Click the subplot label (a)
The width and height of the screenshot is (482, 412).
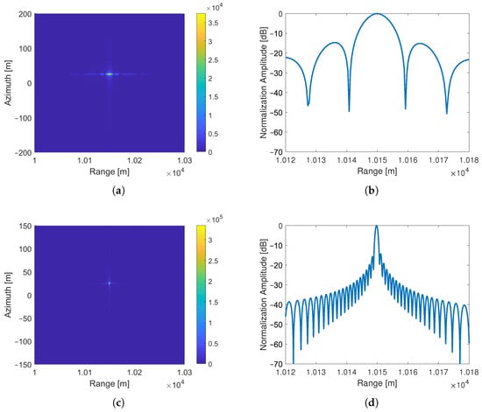tap(119, 191)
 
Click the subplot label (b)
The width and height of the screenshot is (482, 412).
tap(372, 191)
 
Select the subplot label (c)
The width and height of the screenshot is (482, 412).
tap(119, 402)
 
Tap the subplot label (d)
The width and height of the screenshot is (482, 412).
tap(372, 402)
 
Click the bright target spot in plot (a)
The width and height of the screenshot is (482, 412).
tap(110, 74)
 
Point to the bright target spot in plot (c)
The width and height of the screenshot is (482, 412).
tap(110, 283)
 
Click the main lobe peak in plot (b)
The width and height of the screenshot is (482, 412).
tap(377, 14)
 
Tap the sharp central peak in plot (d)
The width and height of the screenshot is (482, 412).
tap(376, 227)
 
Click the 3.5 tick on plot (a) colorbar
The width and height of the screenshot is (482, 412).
tap(213, 23)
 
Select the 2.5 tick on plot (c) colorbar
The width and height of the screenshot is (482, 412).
tap(213, 261)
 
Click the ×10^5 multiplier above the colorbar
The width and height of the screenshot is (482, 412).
tap(214, 220)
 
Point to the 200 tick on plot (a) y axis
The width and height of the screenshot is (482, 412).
tap(25, 14)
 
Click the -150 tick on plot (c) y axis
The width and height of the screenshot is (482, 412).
tap(23, 365)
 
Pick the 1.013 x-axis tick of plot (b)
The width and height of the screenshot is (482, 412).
tap(316, 160)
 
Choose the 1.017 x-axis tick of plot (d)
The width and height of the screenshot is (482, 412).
tap(438, 372)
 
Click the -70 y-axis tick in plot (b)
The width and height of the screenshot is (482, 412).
tap(276, 152)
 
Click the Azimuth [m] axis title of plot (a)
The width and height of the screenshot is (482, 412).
tap(8, 83)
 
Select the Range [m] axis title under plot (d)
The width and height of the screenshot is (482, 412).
tap(377, 383)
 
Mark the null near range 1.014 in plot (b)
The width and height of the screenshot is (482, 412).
tap(349, 110)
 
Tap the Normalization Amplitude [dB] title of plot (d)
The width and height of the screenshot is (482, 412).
tap(264, 295)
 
